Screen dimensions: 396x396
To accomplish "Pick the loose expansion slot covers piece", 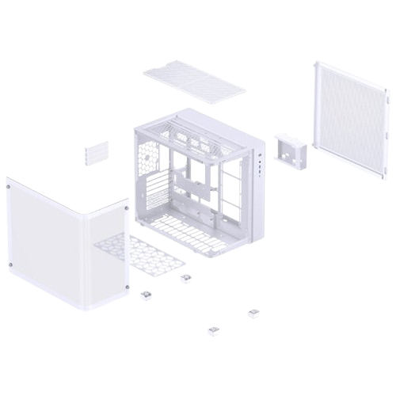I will (96, 152).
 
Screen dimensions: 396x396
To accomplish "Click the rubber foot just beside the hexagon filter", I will (186, 276).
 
